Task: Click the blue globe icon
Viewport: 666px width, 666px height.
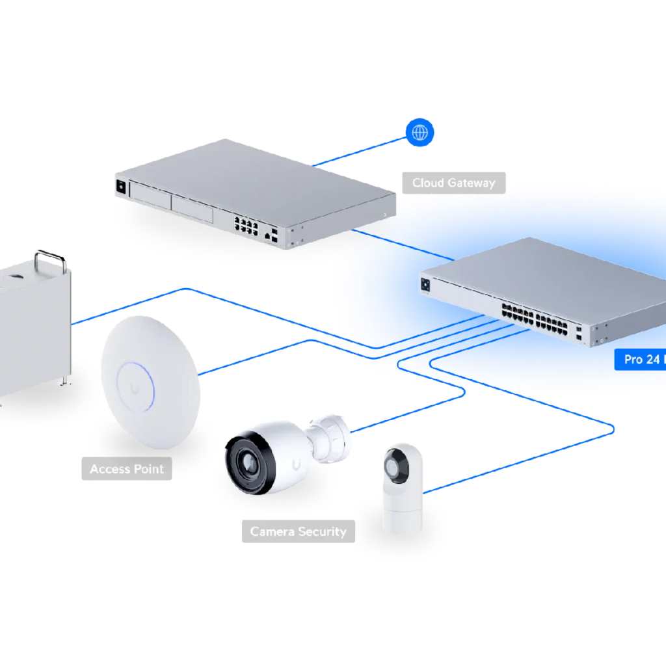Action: click(420, 133)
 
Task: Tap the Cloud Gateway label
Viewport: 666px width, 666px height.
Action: click(453, 183)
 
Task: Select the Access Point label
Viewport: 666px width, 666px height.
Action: click(127, 469)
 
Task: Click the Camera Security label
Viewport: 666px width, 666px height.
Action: click(298, 531)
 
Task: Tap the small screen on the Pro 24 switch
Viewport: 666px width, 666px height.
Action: click(427, 284)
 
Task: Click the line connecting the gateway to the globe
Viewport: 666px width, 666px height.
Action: click(361, 152)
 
